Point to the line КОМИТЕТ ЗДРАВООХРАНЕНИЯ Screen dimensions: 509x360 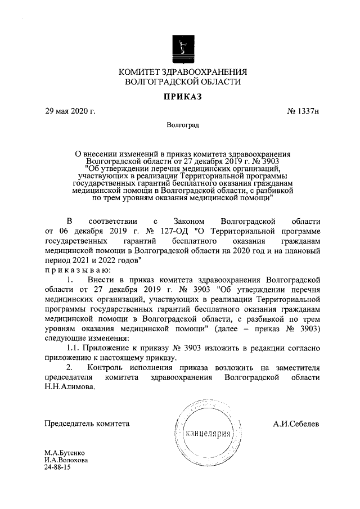tap(182, 71)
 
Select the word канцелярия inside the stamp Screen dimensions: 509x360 tap(209, 434)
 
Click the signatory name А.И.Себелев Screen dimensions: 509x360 tap(296, 424)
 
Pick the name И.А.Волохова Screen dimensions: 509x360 tap(66, 460)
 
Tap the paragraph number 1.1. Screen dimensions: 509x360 tap(73, 348)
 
